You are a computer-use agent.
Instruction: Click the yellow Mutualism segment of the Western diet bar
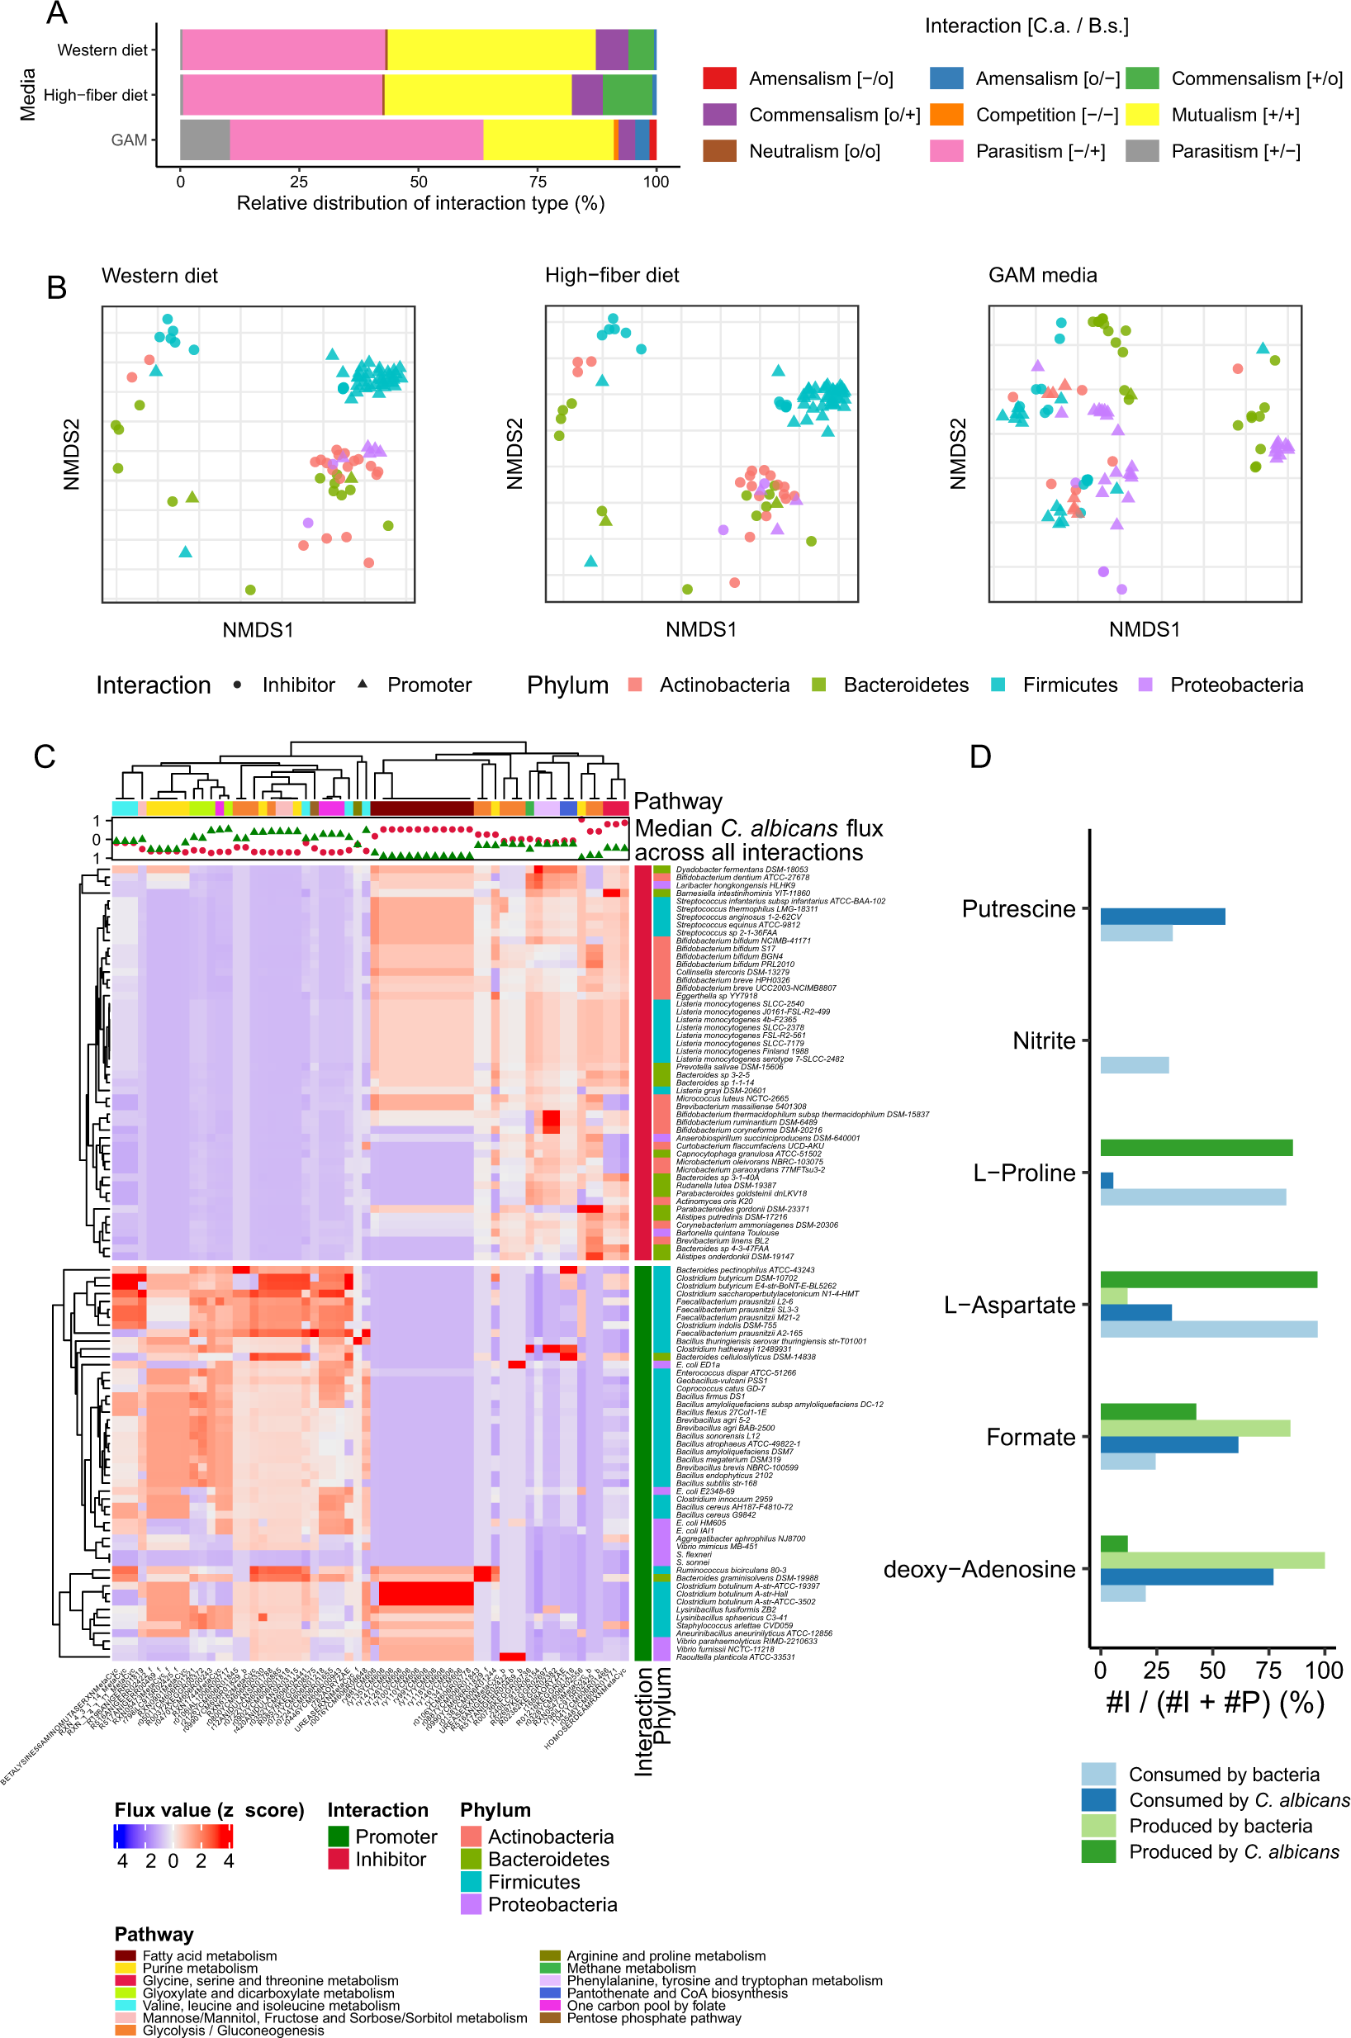click(491, 50)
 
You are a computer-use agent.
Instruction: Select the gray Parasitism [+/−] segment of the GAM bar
click(205, 140)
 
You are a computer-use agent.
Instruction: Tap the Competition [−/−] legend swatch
click(946, 115)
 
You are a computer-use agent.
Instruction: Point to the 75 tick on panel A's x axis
click(538, 182)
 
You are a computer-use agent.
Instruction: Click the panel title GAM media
click(1042, 276)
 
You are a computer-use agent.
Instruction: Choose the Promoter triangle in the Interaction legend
click(363, 684)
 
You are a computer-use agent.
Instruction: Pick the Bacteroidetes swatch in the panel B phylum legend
click(818, 685)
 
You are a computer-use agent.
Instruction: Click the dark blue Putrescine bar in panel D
click(1163, 917)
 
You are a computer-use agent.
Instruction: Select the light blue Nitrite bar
click(1134, 1064)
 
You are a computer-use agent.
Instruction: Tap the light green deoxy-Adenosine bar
click(1212, 1560)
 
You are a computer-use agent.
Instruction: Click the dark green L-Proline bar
click(1196, 1147)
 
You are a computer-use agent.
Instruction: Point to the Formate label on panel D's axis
click(1031, 1437)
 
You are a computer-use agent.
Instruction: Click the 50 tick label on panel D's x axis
click(1212, 1671)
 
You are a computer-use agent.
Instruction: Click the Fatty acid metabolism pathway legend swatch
click(126, 1956)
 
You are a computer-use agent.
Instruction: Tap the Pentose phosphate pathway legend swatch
click(550, 2017)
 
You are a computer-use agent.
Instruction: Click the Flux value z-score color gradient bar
click(173, 1837)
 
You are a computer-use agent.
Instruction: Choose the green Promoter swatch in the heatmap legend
click(338, 1837)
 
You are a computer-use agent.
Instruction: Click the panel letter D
click(979, 756)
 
